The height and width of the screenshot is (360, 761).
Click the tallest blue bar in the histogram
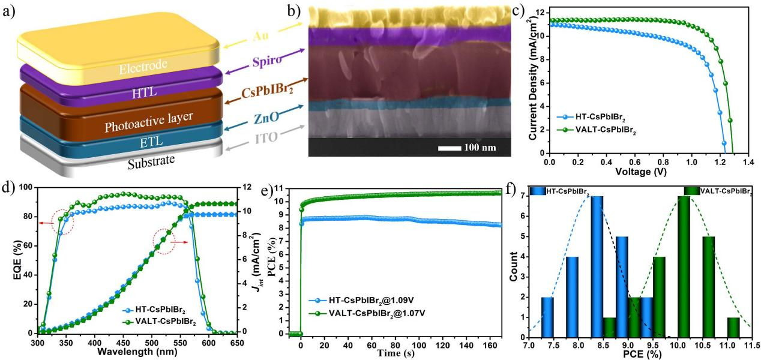[597, 266]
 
